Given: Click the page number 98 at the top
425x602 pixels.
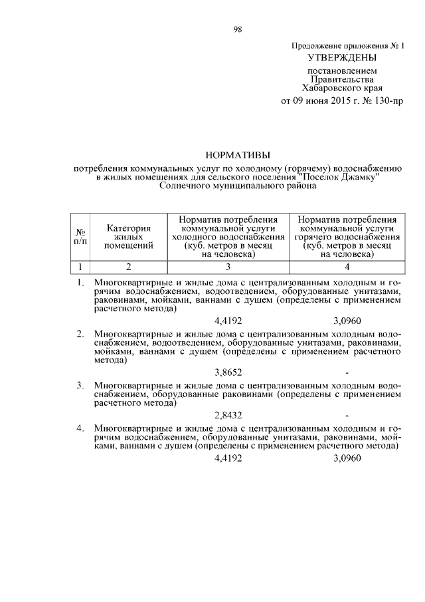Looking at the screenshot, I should (x=237, y=29).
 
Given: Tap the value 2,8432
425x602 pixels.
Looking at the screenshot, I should (x=228, y=414).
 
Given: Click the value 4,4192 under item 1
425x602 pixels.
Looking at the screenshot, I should (x=228, y=320).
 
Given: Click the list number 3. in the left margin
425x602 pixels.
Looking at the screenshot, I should (x=80, y=385).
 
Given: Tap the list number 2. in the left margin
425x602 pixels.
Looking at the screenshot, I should (x=80, y=332).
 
